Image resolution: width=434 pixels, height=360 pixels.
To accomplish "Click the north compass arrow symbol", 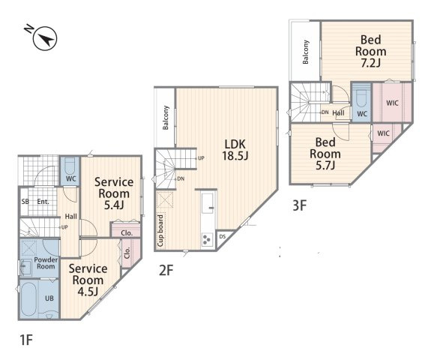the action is pos(45,38).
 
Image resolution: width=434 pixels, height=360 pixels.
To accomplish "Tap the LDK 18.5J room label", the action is pos(235,150).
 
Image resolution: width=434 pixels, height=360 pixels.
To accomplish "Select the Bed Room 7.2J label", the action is pos(370,52).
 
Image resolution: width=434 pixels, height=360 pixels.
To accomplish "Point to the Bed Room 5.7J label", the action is pos(325,154).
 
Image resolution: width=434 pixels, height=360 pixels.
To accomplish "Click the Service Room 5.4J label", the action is pos(114,193).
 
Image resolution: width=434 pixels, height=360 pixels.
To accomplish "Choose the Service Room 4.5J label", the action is pos(88,280).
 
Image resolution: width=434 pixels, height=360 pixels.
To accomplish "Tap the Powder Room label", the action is pos(46,263).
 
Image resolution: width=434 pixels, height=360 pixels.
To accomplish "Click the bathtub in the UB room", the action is pos(28,298).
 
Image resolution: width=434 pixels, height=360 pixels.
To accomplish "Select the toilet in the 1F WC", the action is pos(70,165).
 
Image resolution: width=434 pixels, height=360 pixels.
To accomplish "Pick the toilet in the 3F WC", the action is pos(361,97).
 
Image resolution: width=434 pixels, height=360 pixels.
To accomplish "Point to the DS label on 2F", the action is pos(223,237).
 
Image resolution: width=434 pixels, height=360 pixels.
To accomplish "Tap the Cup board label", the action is pos(160,231).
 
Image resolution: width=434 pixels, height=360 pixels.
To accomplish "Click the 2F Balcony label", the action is pos(166,118).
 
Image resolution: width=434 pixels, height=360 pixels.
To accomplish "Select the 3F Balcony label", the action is pos(306,52).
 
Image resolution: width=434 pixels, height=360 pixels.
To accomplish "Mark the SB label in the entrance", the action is pos(25,202).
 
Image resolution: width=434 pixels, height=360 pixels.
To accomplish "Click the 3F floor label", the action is pos(299,205).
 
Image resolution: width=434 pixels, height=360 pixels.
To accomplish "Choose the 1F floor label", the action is pos(26,340).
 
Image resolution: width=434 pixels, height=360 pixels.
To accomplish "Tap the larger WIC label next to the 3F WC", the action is pos(392,103).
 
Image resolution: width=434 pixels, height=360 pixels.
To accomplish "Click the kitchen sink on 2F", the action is pos(208,203).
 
